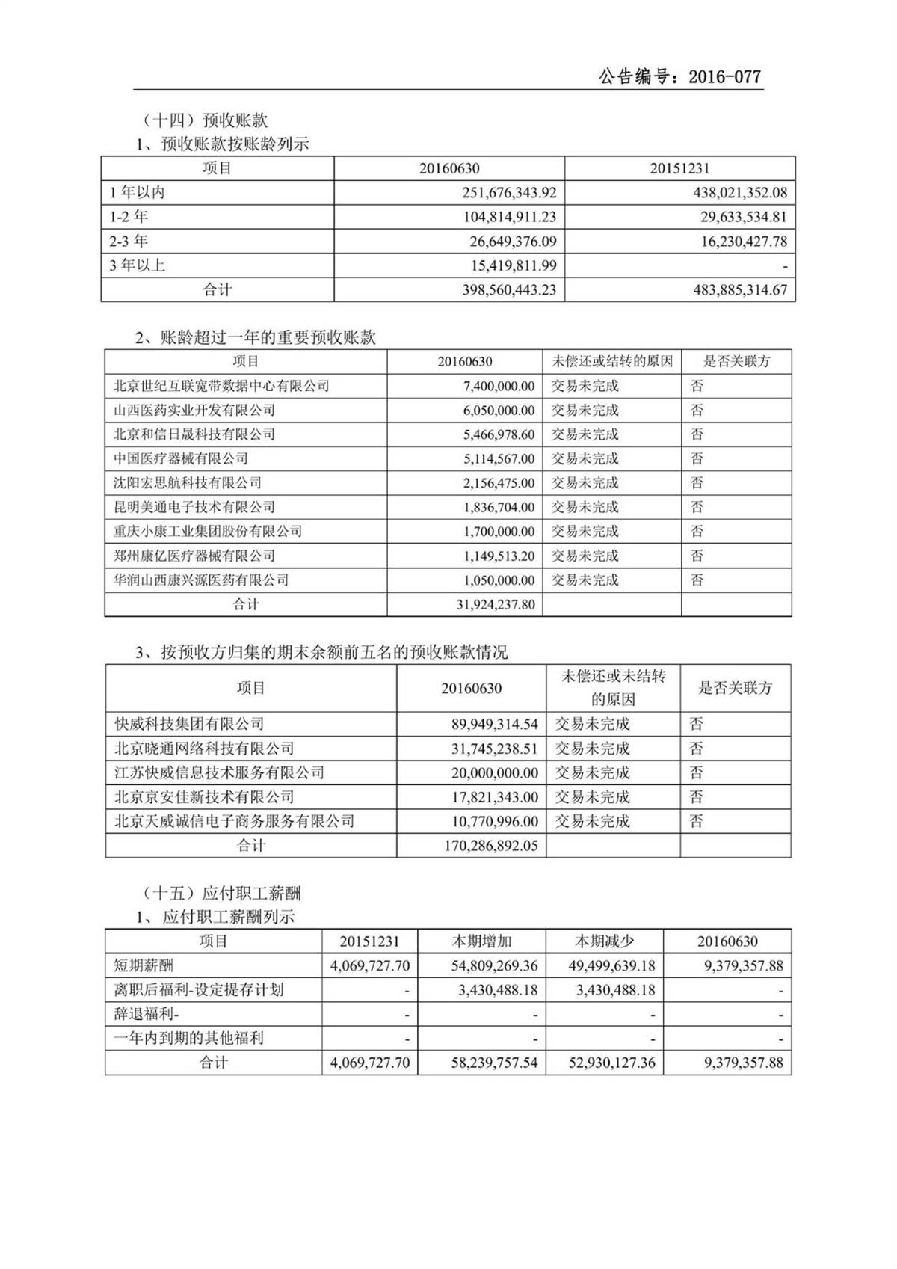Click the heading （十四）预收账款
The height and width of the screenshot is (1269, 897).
click(204, 120)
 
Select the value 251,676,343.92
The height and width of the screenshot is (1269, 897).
click(509, 193)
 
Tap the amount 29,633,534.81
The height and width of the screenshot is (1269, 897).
click(735, 217)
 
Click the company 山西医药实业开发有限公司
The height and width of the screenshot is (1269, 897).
click(194, 410)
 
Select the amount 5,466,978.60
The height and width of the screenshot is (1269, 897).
click(499, 434)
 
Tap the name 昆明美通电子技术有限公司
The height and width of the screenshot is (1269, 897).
click(194, 507)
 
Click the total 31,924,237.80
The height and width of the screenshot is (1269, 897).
click(496, 604)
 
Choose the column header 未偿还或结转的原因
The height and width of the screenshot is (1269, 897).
click(612, 362)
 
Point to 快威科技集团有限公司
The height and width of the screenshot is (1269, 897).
click(189, 724)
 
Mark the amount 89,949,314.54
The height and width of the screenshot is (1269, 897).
click(494, 724)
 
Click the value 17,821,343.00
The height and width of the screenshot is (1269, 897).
click(494, 797)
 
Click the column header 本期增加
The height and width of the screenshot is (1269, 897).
click(481, 941)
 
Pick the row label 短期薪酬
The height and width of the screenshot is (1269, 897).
click(144, 965)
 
